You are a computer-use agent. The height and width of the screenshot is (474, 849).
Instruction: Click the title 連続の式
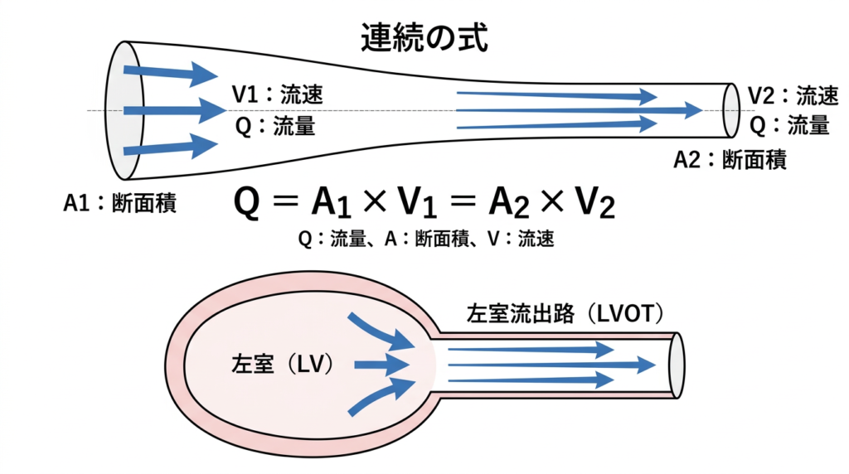(424, 37)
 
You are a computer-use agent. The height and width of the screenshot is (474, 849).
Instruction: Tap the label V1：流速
(277, 94)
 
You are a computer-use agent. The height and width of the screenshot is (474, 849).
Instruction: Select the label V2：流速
(793, 95)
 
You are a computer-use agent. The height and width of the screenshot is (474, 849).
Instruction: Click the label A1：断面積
(120, 203)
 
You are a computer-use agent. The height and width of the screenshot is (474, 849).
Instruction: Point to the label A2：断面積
(730, 159)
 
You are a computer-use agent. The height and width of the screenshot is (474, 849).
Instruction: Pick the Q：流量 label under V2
(789, 125)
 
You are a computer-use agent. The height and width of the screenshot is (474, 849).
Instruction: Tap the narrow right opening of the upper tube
(730, 109)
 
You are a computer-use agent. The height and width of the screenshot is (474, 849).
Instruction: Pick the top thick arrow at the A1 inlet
(171, 73)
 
